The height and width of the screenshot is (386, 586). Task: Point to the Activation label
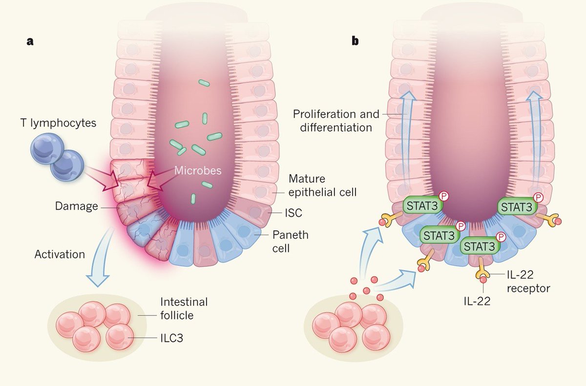(60, 254)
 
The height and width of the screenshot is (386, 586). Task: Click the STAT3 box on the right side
(516, 206)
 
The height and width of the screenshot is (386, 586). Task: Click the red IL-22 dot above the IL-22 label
(483, 279)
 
